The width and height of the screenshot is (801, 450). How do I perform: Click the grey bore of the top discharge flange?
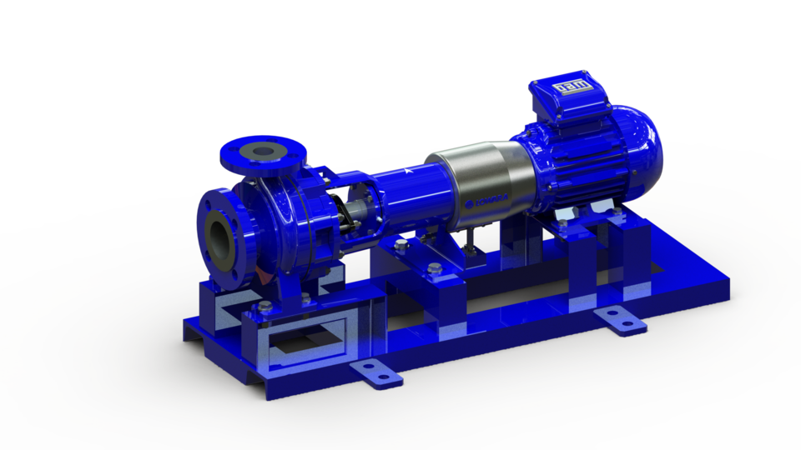click(264, 151)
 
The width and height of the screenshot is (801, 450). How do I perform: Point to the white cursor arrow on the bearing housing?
click(406, 171)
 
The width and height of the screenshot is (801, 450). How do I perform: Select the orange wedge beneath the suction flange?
click(262, 275)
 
